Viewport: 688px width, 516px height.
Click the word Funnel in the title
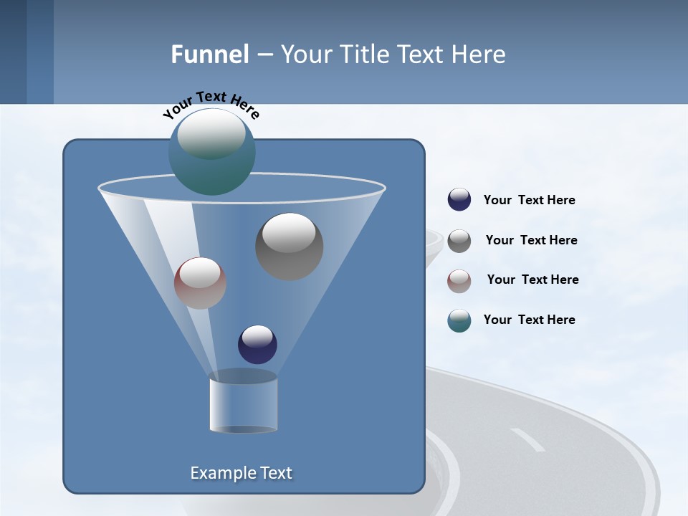point(210,54)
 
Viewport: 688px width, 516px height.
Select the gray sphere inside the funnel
point(290,247)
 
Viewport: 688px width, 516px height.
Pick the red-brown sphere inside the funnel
point(200,283)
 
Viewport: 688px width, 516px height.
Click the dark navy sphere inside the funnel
point(257,345)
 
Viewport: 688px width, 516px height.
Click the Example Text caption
point(242,473)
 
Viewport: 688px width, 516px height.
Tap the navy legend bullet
point(459,200)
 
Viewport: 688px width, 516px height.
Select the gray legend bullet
point(459,241)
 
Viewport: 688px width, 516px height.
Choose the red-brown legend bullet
point(459,280)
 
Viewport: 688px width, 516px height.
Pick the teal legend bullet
point(459,320)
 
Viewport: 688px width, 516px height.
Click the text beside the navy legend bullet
point(529,201)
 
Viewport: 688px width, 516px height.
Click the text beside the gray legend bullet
point(531,241)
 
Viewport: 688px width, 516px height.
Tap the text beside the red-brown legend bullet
point(532,280)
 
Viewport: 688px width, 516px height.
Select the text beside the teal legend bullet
point(529,320)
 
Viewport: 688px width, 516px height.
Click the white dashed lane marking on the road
point(527,439)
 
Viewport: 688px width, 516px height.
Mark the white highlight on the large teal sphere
point(211,133)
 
